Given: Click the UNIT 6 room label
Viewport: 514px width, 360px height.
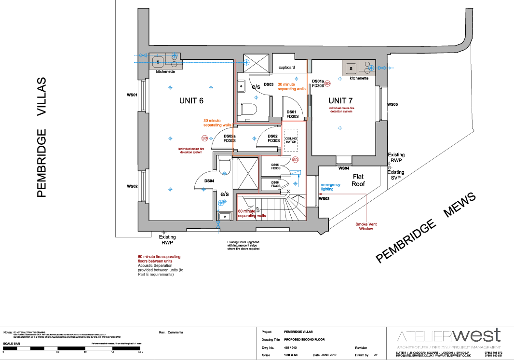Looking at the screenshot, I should pos(191,101).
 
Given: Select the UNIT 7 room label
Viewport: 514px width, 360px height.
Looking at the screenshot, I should pos(341,100).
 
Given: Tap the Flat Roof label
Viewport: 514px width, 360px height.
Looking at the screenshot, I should pos(358,180).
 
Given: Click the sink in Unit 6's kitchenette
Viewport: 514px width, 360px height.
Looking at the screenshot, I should pos(158,62).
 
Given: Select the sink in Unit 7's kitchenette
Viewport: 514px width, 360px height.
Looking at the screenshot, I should pos(351,68).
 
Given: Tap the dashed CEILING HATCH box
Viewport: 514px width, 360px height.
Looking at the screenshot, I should pos(290,140).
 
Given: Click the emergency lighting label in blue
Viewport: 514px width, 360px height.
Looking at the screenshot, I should pos(331,187).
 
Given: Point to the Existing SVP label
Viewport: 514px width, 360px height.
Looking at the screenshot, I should pos(396,175).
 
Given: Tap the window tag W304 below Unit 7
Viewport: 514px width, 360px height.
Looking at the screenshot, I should pos(344,168).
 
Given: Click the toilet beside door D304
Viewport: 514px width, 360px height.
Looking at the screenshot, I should pos(223,166).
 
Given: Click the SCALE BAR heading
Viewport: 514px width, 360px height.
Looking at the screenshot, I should pos(12,344).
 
